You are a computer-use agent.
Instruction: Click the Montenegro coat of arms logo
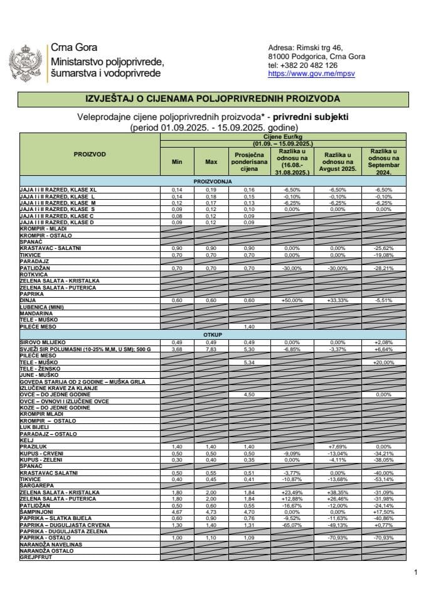pos(27,63)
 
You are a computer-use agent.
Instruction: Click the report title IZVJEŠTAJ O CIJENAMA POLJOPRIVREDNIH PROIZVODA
pos(213,99)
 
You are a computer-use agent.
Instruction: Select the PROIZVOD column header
pos(90,154)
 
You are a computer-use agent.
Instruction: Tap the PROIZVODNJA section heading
pos(213,181)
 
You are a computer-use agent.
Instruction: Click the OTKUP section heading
pos(213,335)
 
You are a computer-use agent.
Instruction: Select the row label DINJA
pos(28,301)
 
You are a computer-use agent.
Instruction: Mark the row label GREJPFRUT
pos(35,557)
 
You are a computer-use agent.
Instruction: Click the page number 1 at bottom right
pos(415,572)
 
